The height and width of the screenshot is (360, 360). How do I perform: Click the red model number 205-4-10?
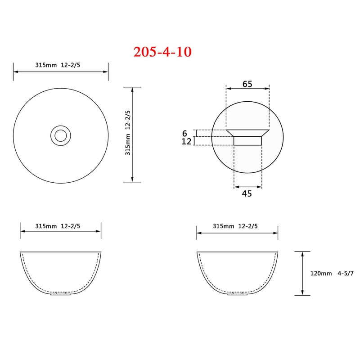click(x=162, y=52)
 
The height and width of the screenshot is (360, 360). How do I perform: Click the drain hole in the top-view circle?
click(x=60, y=135)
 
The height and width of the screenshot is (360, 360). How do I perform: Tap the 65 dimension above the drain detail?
click(x=247, y=84)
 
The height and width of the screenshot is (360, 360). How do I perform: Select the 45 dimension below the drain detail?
click(x=247, y=193)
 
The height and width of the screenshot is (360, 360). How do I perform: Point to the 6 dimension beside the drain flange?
click(x=184, y=133)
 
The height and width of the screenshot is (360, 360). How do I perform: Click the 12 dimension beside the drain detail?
click(x=186, y=141)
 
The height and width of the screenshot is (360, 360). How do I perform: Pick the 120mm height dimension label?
click(x=321, y=273)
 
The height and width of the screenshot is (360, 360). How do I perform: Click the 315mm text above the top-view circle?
click(x=46, y=65)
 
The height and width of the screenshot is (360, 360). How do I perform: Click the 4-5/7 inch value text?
click(x=346, y=273)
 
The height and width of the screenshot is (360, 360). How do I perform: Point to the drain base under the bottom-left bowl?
click(x=60, y=294)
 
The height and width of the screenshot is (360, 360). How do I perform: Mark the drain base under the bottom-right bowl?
click(x=237, y=294)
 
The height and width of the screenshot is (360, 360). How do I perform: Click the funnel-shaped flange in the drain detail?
click(x=247, y=133)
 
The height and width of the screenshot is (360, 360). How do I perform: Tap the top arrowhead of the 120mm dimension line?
click(x=302, y=254)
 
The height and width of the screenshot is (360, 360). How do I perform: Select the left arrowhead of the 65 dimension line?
click(x=228, y=89)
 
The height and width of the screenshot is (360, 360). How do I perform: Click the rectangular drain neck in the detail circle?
click(x=247, y=141)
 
